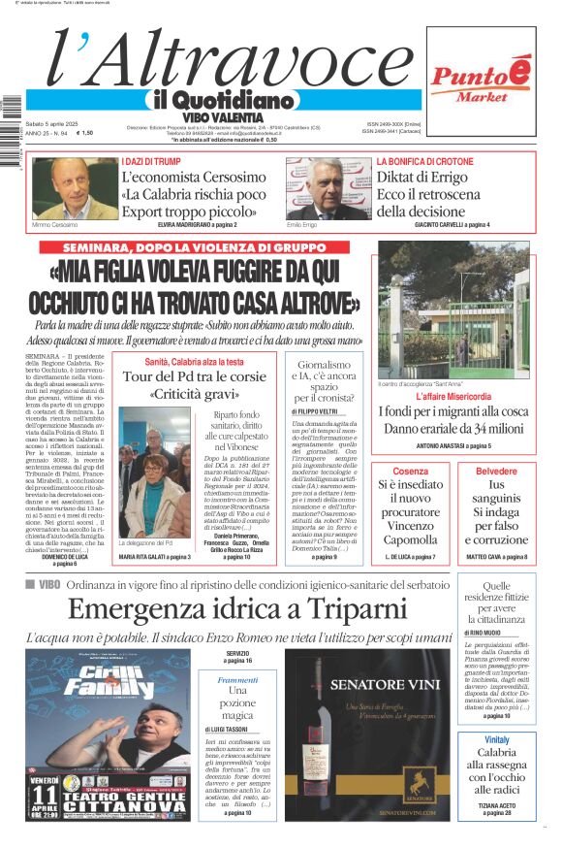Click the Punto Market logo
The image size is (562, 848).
click(482, 81)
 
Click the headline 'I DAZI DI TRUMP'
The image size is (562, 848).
click(151, 161)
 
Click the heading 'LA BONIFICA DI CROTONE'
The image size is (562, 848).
click(425, 161)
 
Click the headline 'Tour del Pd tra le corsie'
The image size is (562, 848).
click(194, 376)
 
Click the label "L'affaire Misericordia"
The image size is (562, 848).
click(453, 397)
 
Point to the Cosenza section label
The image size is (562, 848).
click(411, 471)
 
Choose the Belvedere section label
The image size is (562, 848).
click(496, 471)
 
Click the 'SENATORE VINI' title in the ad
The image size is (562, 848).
click(386, 685)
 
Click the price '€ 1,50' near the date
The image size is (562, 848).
click(86, 133)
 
